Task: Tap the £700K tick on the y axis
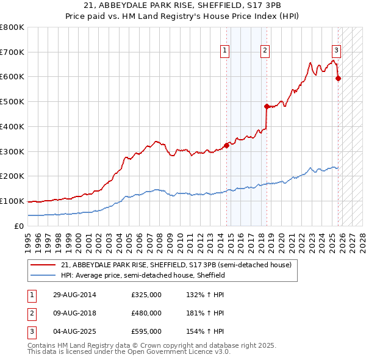click(x=12, y=52)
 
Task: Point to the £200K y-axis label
click(x=12, y=176)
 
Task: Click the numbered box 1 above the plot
click(x=225, y=51)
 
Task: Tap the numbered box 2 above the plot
click(x=265, y=51)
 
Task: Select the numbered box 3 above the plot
click(x=337, y=51)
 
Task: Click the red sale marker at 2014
click(x=226, y=145)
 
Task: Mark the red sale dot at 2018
click(x=267, y=106)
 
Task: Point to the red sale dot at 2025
click(x=338, y=77)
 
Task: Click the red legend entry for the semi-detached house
click(x=177, y=265)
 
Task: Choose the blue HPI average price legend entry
click(x=143, y=275)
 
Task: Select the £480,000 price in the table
click(x=146, y=313)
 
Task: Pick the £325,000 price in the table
click(x=146, y=295)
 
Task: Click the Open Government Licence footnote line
click(x=129, y=352)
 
